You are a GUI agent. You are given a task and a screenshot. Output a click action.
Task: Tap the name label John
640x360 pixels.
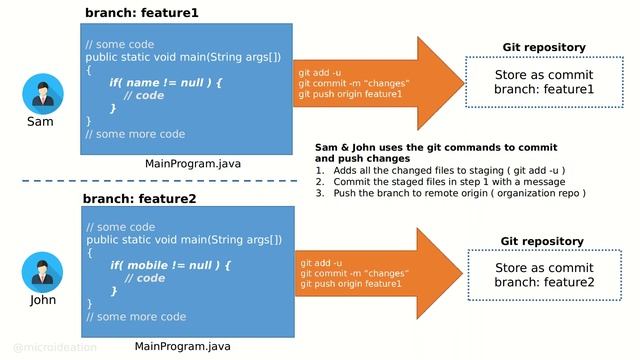tap(43, 300)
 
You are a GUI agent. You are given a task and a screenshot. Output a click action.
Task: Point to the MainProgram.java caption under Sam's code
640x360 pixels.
tap(193, 163)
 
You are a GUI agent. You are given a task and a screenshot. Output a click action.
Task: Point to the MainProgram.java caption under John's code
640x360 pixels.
tap(183, 346)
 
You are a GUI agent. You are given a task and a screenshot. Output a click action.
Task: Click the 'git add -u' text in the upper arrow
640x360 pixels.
tap(320, 73)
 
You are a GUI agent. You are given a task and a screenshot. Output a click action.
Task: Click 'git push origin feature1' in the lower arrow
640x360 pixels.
tap(351, 284)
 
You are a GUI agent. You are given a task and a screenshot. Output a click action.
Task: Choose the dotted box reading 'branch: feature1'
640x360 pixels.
tap(543, 82)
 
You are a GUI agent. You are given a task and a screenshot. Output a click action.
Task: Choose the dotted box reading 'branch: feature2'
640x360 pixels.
tap(543, 275)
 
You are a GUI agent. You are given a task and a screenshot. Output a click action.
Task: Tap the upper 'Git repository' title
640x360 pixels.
tap(543, 47)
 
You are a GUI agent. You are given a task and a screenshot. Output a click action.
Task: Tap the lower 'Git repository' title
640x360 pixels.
tap(542, 241)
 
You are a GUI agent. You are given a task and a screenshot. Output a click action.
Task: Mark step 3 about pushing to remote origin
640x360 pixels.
tap(450, 193)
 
